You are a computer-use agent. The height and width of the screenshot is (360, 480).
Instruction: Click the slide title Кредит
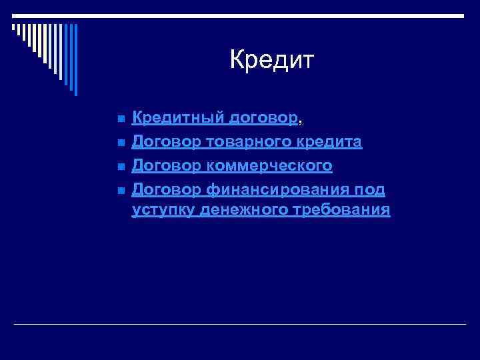[271, 60]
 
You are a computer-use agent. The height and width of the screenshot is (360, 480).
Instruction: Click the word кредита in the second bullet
[331, 142]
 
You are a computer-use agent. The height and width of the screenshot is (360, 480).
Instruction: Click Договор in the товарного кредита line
[165, 142]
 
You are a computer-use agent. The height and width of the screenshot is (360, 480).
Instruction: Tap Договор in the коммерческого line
[165, 165]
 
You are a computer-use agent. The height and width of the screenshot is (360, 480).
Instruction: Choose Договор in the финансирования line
[165, 189]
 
